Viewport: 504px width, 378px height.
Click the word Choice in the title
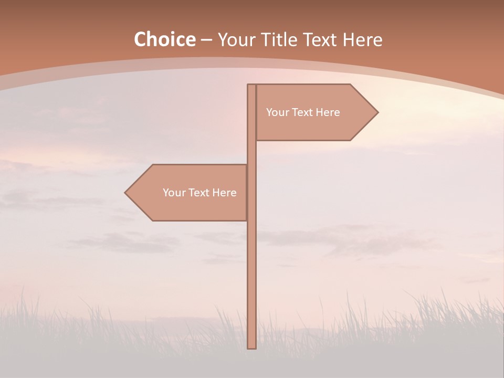pyautogui.click(x=164, y=40)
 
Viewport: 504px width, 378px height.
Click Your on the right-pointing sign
pyautogui.click(x=277, y=112)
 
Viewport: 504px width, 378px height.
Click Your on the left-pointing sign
pyautogui.click(x=173, y=193)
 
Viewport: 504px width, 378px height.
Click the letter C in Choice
pyautogui.click(x=140, y=40)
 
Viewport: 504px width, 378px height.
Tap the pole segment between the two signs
pyautogui.click(x=252, y=152)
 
